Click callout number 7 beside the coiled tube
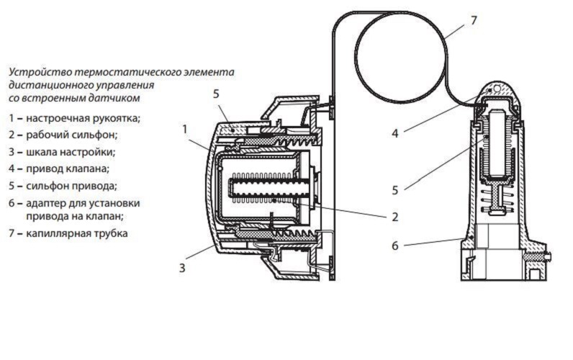coord(473,20)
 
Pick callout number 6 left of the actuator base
coord(394,245)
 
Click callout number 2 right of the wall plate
coord(394,216)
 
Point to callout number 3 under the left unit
coord(183,268)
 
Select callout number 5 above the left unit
coord(216,94)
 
